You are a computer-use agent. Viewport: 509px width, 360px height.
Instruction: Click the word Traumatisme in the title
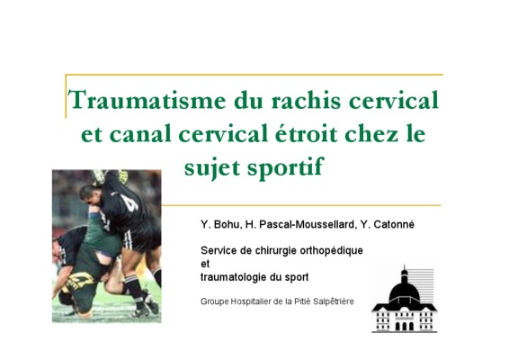point(147,100)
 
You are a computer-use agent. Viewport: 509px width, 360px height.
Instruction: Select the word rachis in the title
point(306,100)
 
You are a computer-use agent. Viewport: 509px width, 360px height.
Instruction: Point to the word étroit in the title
point(306,133)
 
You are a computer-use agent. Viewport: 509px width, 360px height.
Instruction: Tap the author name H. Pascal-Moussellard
point(300,225)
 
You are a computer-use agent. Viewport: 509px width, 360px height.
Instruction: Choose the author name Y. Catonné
point(388,225)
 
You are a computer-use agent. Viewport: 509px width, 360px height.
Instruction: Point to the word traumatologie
point(232,277)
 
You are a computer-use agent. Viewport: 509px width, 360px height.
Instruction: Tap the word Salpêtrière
point(334,301)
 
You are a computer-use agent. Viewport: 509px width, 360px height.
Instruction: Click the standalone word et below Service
point(205,265)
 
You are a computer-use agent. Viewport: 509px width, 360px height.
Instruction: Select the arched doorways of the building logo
point(405,326)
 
